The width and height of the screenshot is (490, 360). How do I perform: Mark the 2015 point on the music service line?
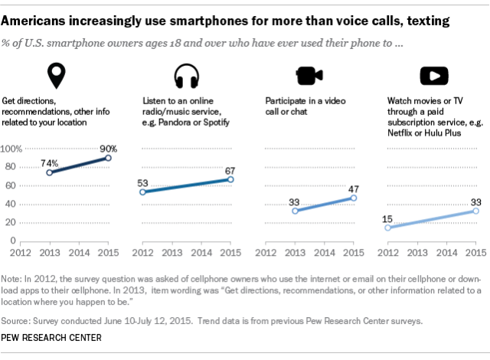[x=230, y=180]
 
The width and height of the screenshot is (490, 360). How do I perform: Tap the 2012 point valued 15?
[x=389, y=227]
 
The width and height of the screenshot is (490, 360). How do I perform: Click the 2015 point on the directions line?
[x=108, y=158]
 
